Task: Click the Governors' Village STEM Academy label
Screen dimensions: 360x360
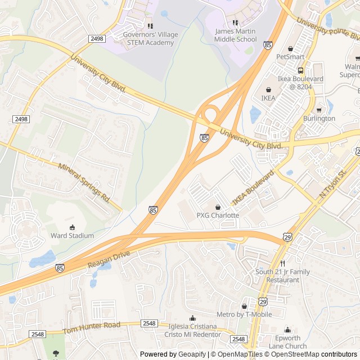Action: coord(150,38)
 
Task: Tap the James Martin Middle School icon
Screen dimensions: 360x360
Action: coord(235,22)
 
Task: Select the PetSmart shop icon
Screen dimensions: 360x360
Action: coord(290,48)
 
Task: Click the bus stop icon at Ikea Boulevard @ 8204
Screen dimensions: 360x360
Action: coord(300,70)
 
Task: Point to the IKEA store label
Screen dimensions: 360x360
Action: coord(268,98)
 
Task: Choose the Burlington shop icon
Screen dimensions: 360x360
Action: coord(319,110)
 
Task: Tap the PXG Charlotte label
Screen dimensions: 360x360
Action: coord(218,215)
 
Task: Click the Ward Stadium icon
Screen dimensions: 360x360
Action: coord(72,227)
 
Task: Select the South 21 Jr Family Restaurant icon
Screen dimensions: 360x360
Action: coord(282,263)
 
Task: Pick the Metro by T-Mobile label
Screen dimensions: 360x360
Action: coord(244,314)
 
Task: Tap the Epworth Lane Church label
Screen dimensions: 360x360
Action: coord(287,342)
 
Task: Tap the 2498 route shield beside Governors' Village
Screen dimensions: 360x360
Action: coord(97,38)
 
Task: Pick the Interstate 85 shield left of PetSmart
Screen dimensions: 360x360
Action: coord(268,44)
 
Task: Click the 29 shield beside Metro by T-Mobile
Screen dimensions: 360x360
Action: coord(263,301)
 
